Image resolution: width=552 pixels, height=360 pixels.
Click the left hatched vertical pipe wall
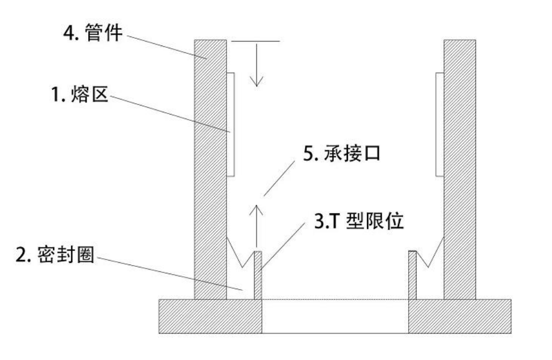[210, 168]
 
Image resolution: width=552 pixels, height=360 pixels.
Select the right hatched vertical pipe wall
[459, 168]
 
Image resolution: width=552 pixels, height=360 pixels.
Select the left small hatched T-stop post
[258, 275]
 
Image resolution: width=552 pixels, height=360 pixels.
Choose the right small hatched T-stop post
[412, 275]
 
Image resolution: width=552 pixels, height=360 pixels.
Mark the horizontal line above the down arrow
[256, 41]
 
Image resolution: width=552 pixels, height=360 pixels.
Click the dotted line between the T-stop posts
[335, 299]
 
